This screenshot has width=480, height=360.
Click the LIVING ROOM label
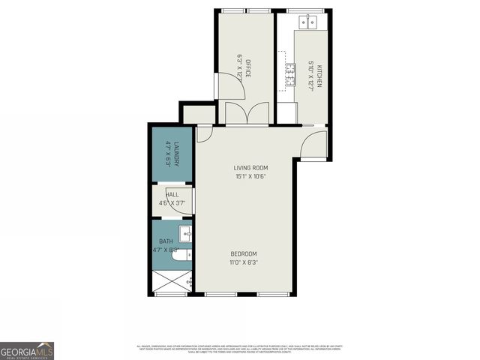pyautogui.click(x=250, y=167)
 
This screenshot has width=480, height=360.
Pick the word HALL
pyautogui.click(x=172, y=194)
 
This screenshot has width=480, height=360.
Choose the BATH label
pyautogui.click(x=165, y=241)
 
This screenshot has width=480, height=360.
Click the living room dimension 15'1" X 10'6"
pyautogui.click(x=250, y=176)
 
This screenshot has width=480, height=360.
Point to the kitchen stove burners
pyautogui.click(x=289, y=73)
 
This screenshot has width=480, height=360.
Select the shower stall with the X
pyautogui.click(x=172, y=282)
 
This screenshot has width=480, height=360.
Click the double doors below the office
pyautogui.click(x=246, y=113)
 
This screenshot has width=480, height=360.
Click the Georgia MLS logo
pyautogui.click(x=27, y=350)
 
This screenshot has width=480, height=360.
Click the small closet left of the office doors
pyautogui.click(x=199, y=115)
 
